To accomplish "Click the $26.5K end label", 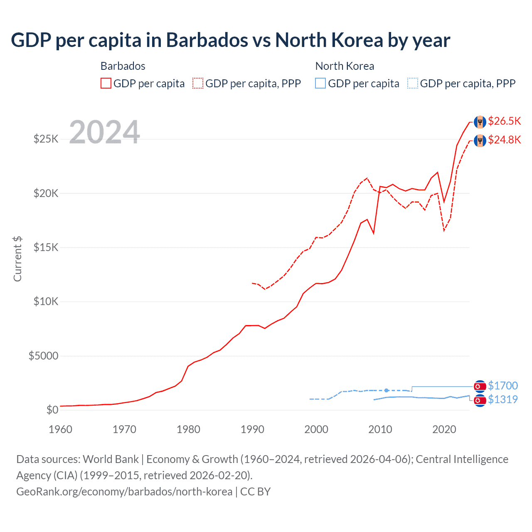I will [x=504, y=121].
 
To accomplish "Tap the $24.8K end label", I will [x=504, y=140].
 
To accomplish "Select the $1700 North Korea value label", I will [x=502, y=386].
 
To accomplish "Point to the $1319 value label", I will [x=502, y=399].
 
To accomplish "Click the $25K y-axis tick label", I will [x=46, y=139].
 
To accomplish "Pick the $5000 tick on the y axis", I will [x=44, y=356].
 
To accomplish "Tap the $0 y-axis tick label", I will [x=52, y=410].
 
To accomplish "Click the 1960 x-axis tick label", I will [x=61, y=429].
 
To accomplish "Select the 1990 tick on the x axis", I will [x=252, y=429].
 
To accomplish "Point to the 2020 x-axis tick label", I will [x=444, y=429].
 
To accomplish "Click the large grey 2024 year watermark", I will [x=104, y=133].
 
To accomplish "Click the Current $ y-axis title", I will [x=17, y=259].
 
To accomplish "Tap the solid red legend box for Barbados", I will [x=106, y=83].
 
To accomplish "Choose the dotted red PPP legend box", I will [x=198, y=83].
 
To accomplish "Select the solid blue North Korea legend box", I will [x=320, y=83].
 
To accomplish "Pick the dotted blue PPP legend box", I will [x=413, y=83].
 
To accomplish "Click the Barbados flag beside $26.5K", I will [x=480, y=122].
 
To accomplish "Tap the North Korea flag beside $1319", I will [x=480, y=400].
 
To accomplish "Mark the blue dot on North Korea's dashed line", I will [x=387, y=390].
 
